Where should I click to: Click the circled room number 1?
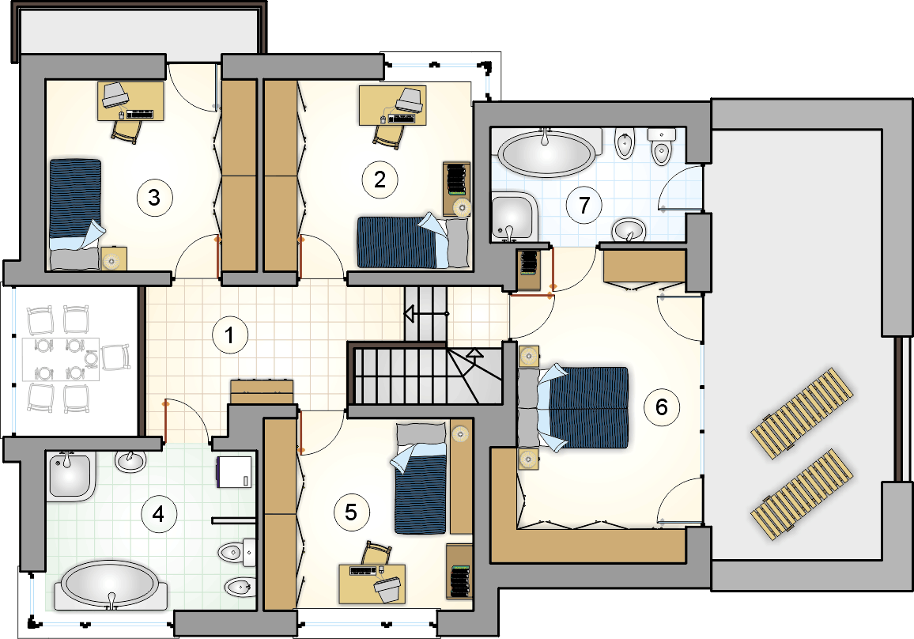pyautogui.click(x=229, y=335)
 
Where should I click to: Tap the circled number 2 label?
pyautogui.click(x=380, y=180)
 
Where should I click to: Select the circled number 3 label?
pyautogui.click(x=154, y=197)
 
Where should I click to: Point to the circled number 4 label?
pyautogui.click(x=158, y=514)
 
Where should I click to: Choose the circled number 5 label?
pyautogui.click(x=350, y=512)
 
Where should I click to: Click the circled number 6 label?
pyautogui.click(x=661, y=406)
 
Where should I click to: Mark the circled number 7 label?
pyautogui.click(x=584, y=205)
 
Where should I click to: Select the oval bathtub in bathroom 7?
pyautogui.click(x=546, y=152)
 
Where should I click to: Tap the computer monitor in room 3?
pyautogui.click(x=115, y=94)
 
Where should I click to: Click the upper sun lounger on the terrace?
pyautogui.click(x=802, y=414)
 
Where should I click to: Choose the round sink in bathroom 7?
pyautogui.click(x=629, y=229)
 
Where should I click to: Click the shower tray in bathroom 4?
pyautogui.click(x=70, y=476)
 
